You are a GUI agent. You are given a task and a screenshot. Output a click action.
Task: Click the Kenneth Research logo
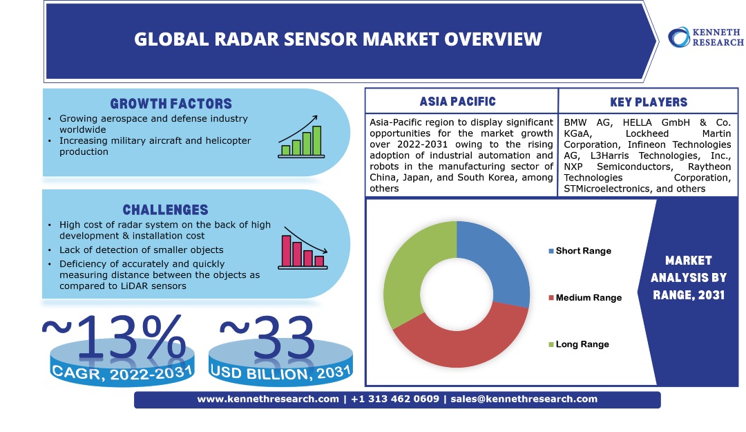click(706, 37)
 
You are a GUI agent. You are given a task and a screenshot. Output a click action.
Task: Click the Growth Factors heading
click(171, 104)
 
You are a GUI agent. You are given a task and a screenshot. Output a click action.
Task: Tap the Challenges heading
click(166, 209)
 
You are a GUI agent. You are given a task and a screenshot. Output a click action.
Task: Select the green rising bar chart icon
click(300, 137)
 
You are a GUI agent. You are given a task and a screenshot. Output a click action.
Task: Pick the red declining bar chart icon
click(303, 248)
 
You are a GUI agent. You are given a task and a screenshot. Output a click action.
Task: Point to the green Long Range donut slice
click(409, 272)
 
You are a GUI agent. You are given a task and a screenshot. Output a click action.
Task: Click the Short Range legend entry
click(580, 251)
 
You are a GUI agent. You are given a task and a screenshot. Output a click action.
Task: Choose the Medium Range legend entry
click(585, 298)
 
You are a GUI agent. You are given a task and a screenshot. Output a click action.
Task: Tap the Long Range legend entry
click(579, 344)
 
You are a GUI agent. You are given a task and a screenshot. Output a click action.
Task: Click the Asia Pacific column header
click(458, 102)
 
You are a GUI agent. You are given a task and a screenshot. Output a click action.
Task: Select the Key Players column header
click(649, 102)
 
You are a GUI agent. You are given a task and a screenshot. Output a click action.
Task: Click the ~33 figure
click(267, 337)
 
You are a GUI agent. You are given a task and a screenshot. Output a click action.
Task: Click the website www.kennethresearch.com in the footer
click(268, 399)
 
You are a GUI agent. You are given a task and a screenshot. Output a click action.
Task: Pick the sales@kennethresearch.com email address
click(524, 399)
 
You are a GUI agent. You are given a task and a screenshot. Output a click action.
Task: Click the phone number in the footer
click(395, 399)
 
